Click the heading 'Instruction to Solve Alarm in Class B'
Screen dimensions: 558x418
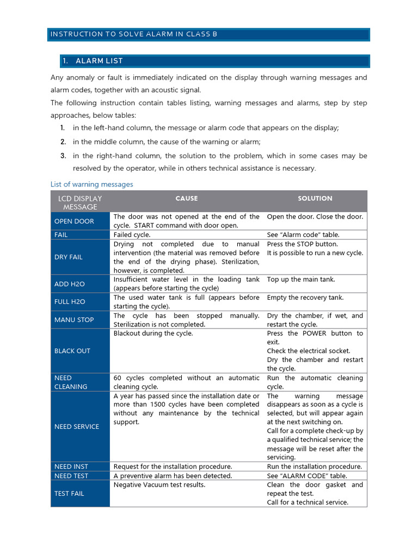click(133, 34)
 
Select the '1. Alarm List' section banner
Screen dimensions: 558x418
click(100, 61)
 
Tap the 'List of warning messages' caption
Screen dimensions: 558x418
click(91, 184)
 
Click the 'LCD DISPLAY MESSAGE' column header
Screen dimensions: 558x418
click(80, 202)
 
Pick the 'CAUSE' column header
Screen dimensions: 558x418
click(186, 199)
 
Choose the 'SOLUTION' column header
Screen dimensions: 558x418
click(315, 199)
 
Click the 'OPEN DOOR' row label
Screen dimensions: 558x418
click(74, 221)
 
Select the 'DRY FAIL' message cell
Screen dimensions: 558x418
click(69, 257)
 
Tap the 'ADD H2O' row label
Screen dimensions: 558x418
click(69, 284)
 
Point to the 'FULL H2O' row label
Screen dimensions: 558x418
click(70, 301)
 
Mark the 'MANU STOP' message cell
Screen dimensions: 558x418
click(74, 320)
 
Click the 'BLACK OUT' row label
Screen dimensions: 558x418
click(72, 351)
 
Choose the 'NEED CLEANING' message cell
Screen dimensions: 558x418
click(71, 382)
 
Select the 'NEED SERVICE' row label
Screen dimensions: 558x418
click(77, 427)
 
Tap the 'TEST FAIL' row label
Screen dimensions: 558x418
click(69, 494)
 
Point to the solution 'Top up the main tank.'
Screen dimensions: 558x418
click(301, 280)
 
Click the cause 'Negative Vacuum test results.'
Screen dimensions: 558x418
click(159, 485)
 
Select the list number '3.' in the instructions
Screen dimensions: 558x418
click(63, 156)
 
